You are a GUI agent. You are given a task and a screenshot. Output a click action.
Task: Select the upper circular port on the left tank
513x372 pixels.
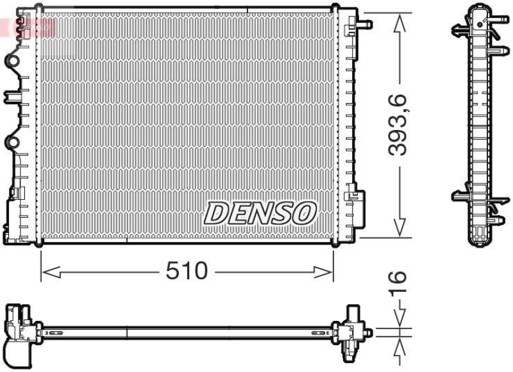click(13, 61)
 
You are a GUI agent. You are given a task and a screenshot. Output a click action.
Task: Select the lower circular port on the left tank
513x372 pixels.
click(13, 142)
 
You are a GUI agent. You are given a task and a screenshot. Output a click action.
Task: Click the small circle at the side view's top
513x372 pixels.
click(480, 24)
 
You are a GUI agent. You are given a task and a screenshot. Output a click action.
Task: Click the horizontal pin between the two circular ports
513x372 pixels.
click(13, 97)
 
